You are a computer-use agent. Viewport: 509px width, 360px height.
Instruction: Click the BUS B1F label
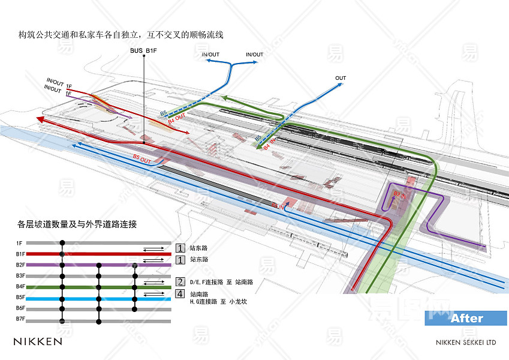[143, 50]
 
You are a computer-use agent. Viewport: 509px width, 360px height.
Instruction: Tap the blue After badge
[466, 318]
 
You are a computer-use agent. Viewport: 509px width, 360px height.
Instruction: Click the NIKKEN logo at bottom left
[38, 341]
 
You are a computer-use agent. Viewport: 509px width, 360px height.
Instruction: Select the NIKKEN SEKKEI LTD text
[466, 343]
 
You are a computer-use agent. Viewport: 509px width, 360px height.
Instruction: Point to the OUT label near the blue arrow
[341, 79]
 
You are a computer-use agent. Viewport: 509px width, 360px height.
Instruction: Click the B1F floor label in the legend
[20, 254]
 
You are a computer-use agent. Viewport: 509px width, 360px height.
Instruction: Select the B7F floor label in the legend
[20, 319]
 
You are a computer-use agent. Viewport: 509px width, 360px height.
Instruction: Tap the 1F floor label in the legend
[19, 243]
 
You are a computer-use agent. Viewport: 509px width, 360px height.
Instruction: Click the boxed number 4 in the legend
[180, 294]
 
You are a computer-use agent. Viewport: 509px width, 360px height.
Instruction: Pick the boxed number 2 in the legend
[180, 281]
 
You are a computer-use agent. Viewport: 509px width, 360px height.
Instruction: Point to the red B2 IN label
[400, 194]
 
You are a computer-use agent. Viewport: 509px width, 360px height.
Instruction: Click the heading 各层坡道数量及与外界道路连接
[77, 225]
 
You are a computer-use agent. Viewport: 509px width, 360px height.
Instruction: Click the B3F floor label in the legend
[20, 275]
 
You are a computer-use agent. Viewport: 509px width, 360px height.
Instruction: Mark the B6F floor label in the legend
[20, 308]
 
